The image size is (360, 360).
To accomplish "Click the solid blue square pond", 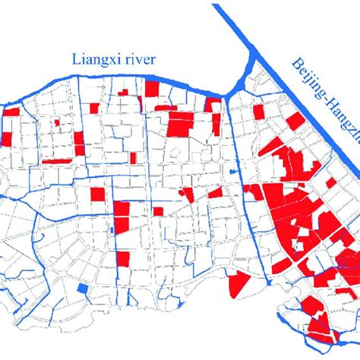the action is point(82,289).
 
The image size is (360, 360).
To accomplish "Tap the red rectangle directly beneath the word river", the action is point(152,89).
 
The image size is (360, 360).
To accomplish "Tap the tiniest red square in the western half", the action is point(58,121).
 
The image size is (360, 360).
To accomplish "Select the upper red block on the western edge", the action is point(12,112).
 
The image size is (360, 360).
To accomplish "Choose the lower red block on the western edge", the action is point(7,138).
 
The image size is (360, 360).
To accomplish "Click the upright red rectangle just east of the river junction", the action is point(259,112).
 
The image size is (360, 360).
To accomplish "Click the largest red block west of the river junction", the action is point(182,124).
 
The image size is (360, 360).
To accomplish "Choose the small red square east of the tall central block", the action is point(158,211).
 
